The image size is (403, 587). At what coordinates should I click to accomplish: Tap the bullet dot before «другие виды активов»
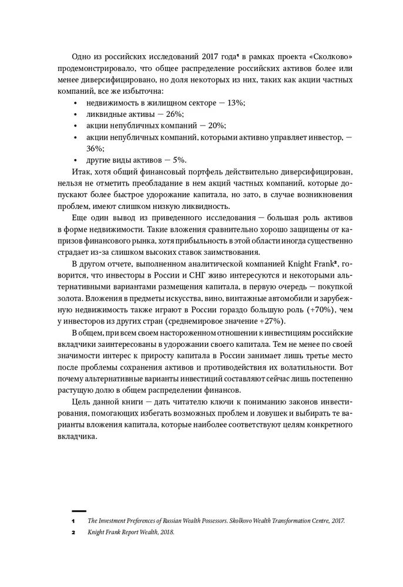tap(76, 160)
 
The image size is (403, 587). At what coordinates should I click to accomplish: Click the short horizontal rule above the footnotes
tap(79, 511)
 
